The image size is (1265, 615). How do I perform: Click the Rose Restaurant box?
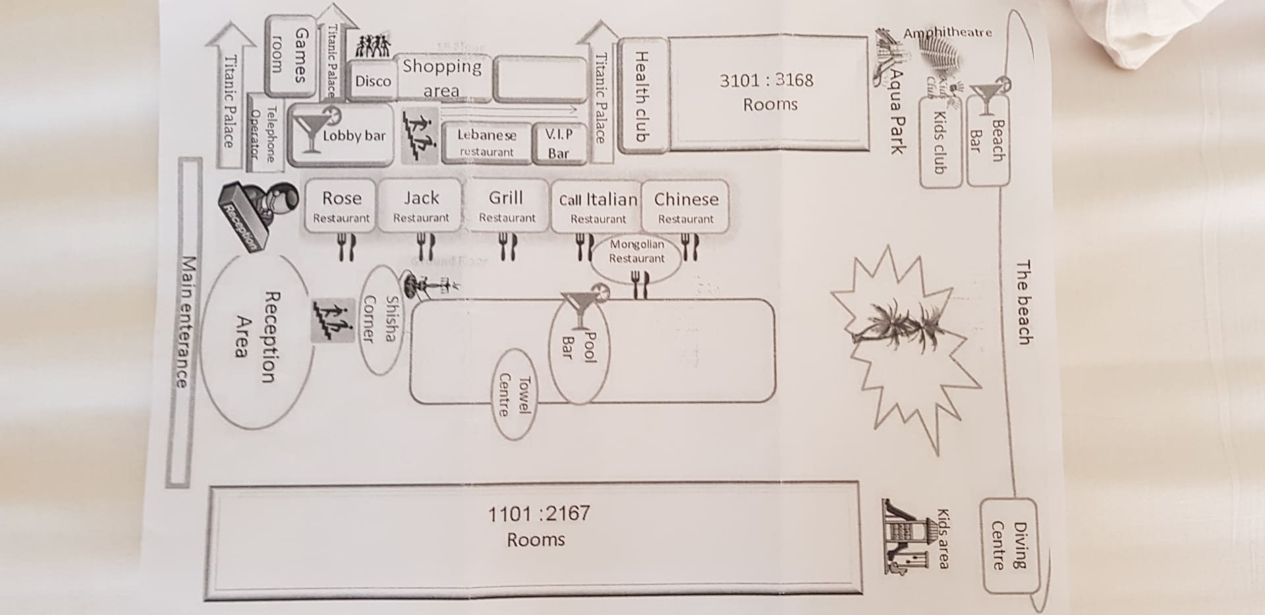point(341,206)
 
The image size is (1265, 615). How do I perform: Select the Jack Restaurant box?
point(421,206)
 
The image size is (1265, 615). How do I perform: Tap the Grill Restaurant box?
point(507,206)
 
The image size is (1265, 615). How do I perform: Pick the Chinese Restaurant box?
point(685,207)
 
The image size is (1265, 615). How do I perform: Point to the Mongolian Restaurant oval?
point(636,251)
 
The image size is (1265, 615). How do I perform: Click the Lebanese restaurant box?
point(486,142)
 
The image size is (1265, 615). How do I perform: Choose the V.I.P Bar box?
point(559,143)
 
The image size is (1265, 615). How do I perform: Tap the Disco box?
point(372,81)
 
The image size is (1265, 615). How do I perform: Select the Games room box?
point(291,55)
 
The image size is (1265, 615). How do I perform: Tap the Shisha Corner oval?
point(381,319)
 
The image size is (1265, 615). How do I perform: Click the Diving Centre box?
point(1009,546)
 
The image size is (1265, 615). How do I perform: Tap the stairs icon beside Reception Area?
point(332,321)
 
